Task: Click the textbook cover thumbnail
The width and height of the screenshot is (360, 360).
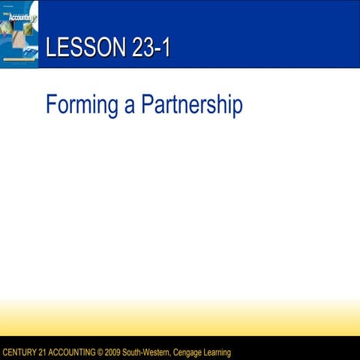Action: pyautogui.click(x=19, y=34)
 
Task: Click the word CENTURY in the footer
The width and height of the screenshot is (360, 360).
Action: pyautogui.click(x=20, y=352)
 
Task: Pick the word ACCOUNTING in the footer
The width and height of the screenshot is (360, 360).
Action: pyautogui.click(x=74, y=352)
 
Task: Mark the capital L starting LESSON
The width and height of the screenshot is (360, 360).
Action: pyautogui.click(x=50, y=48)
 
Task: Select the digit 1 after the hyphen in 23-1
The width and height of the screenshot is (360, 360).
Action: pyautogui.click(x=166, y=48)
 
